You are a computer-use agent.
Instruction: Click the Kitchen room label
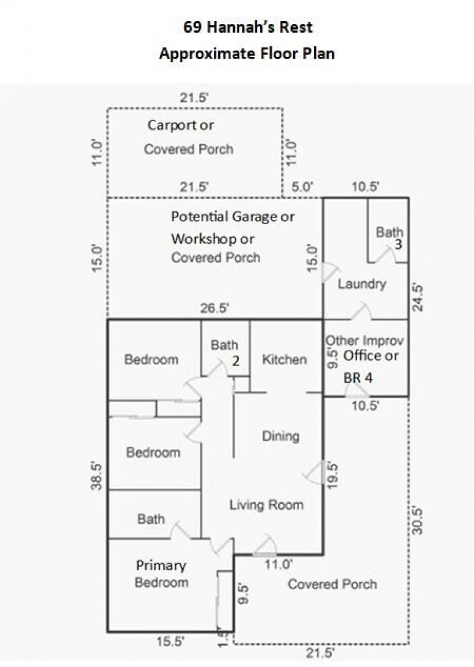284,359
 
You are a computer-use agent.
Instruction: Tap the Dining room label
281,436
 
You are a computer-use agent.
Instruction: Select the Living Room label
266,505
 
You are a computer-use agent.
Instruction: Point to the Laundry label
362,283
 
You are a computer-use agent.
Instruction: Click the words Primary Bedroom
161,573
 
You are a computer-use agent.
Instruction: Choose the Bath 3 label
390,238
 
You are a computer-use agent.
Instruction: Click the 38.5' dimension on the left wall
97,476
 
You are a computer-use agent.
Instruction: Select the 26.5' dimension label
214,308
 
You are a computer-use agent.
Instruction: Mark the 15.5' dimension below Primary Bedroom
170,642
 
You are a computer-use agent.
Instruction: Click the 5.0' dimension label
302,187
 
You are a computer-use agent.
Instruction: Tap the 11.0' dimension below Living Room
278,564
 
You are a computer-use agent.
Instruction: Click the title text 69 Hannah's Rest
248,27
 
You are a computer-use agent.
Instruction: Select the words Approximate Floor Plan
247,54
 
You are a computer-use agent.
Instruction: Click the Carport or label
180,125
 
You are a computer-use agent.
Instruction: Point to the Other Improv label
365,341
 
